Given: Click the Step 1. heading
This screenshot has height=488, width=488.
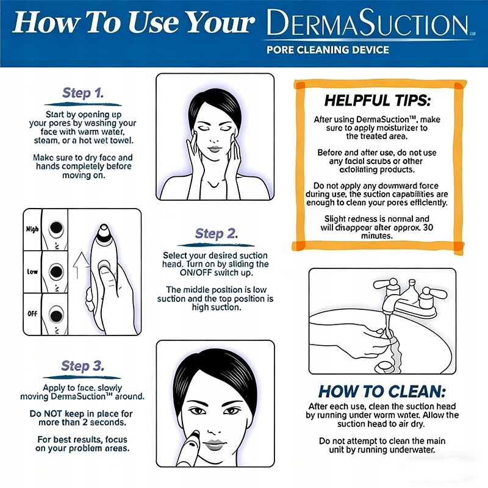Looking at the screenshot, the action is coord(83,93).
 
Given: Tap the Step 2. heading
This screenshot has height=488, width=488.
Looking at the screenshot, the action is coord(217,234).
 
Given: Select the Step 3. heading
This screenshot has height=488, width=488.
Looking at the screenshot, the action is coord(82,365).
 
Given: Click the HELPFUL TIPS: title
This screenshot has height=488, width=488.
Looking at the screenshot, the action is coord(378,101).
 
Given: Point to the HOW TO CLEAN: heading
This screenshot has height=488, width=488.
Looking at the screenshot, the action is coord(382,391).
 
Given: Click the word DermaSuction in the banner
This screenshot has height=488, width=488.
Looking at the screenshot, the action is coord(368,23).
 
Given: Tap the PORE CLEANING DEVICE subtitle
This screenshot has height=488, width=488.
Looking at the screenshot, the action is coord(328,50).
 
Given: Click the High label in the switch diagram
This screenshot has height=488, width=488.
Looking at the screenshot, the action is coord(32,229).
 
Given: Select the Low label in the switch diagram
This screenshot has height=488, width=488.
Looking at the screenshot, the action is coord(32,271).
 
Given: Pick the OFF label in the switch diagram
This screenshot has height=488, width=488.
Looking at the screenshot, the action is coord(32,314).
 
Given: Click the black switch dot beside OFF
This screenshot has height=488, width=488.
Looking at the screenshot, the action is coord(56,315).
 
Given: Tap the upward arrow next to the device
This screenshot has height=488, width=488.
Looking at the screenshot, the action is coord(81,265).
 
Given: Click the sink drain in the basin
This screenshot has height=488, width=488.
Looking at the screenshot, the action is coord(385,367).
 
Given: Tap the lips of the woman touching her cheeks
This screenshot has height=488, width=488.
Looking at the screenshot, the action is coord(214,149).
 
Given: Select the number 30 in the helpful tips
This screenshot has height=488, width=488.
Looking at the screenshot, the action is coord(428,227).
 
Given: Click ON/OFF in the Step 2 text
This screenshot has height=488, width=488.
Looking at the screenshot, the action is coord(195,273).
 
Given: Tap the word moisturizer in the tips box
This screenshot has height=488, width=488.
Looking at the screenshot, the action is coord(393,128).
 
